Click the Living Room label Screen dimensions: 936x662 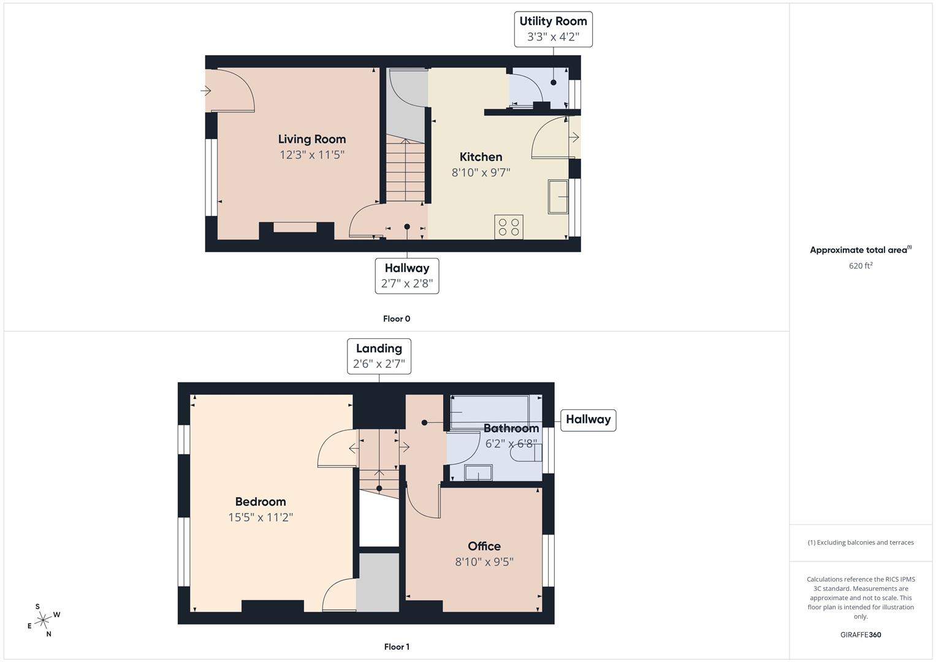(312, 139)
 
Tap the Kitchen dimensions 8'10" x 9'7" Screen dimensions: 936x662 (481, 172)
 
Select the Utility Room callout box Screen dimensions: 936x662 (554, 29)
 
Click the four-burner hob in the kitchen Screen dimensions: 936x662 (509, 227)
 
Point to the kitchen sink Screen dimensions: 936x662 (558, 197)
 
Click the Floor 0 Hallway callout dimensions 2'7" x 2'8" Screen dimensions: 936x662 (407, 283)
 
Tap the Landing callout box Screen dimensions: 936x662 (379, 356)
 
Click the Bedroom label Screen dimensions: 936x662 (261, 501)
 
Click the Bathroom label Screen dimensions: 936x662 (511, 428)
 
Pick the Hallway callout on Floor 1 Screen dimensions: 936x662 (588, 420)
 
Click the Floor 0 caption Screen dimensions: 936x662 (397, 319)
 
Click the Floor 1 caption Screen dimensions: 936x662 (397, 647)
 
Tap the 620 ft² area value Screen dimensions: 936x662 (861, 265)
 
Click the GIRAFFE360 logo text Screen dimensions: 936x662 (861, 634)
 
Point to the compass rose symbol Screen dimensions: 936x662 (43, 620)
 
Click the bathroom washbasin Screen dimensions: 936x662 (479, 473)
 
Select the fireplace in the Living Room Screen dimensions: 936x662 (296, 230)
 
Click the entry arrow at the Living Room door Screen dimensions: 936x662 (205, 90)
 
